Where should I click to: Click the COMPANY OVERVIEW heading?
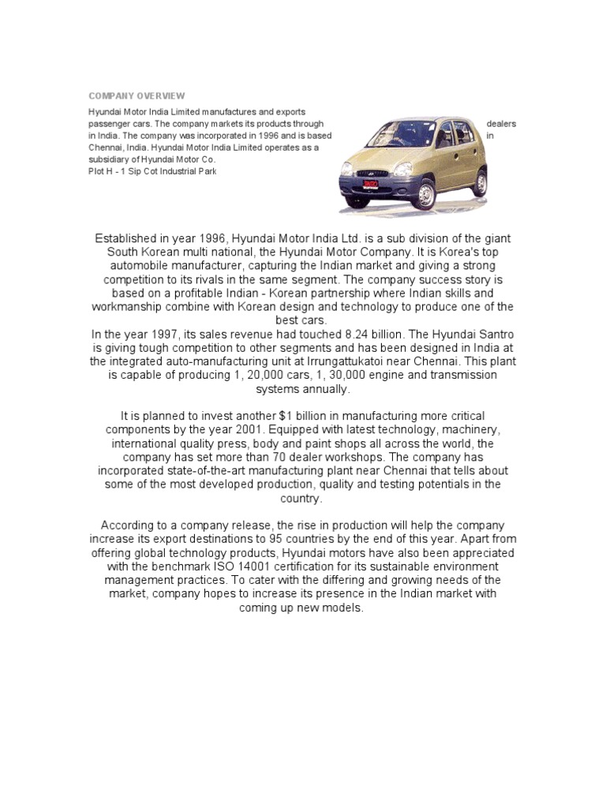[136, 95]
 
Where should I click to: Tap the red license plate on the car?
[369, 185]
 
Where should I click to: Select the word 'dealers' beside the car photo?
[502, 124]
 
